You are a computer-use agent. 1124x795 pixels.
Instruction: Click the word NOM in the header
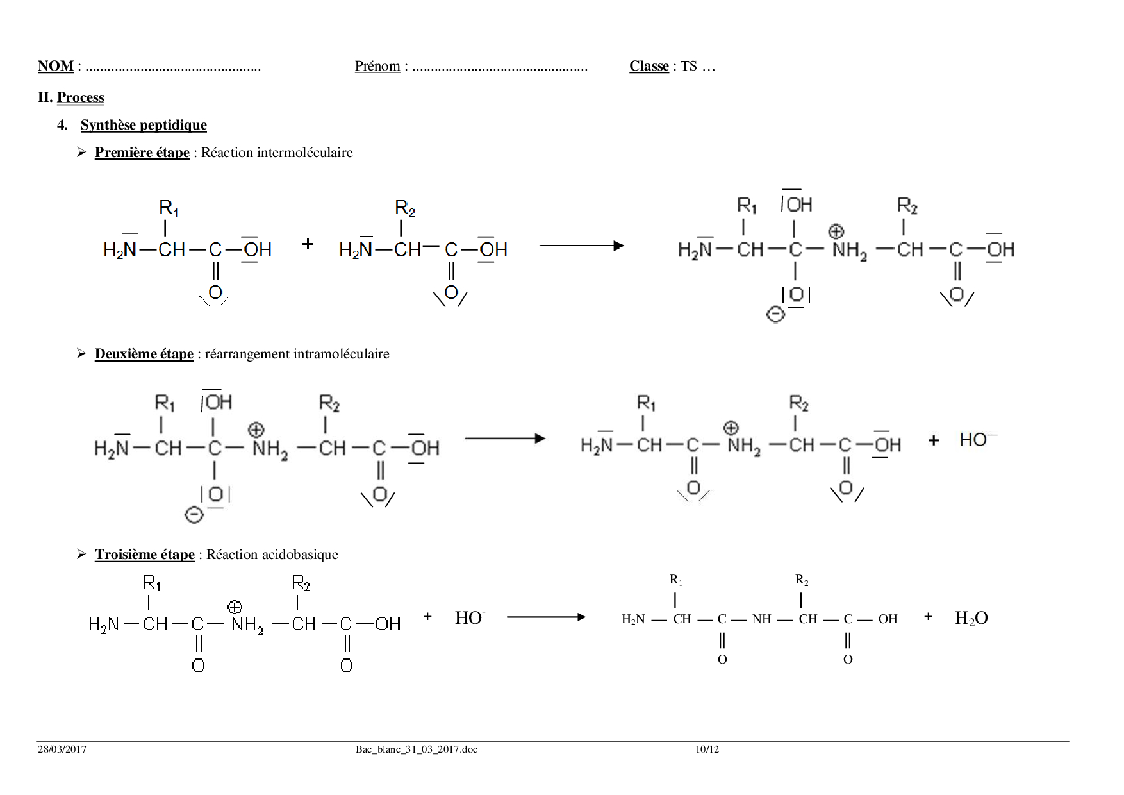56,66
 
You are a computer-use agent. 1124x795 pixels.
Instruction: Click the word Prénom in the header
377,66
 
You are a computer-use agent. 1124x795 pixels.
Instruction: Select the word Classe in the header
649,66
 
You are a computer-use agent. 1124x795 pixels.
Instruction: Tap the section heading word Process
81,97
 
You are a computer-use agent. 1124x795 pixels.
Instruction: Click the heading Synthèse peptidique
144,125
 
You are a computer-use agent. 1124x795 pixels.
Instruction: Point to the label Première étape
142,153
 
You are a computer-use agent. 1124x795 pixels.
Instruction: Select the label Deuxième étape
144,354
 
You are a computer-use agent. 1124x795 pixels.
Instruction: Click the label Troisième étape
145,555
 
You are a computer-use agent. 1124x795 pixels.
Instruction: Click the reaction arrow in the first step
582,246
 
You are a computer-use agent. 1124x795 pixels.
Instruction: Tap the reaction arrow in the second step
505,439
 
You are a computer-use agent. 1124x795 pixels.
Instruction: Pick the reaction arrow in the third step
546,617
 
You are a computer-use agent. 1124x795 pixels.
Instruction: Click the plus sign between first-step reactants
308,244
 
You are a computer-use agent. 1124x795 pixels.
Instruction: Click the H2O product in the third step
971,618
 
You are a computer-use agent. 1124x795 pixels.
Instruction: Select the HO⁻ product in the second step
979,439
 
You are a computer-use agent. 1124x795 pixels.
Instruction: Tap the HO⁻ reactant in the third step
470,617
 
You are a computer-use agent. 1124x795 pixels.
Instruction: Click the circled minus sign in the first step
775,315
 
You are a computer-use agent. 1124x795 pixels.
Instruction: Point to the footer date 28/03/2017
62,749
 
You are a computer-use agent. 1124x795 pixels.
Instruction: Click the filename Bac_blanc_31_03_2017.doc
417,749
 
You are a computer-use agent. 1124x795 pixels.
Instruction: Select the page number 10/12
707,749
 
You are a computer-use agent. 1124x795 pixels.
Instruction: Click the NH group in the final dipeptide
762,619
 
